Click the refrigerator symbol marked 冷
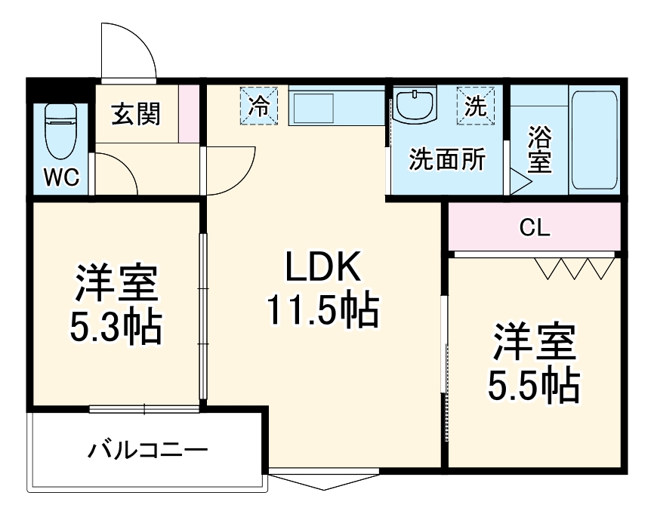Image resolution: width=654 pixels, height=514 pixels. click(x=259, y=105)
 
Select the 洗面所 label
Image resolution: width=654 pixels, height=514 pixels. click(x=447, y=160)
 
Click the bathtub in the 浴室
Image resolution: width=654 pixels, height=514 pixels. click(x=594, y=140)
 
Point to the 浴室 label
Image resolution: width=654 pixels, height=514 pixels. click(x=538, y=151)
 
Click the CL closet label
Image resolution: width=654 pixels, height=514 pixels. click(x=535, y=227)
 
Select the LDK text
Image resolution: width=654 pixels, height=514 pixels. click(x=322, y=268)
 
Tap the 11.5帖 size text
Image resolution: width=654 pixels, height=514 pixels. click(x=322, y=309)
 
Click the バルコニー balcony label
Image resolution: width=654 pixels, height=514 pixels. click(x=147, y=451)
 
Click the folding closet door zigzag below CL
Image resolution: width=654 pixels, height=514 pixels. click(x=574, y=268)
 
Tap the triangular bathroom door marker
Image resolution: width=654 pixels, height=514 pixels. click(x=520, y=181)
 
